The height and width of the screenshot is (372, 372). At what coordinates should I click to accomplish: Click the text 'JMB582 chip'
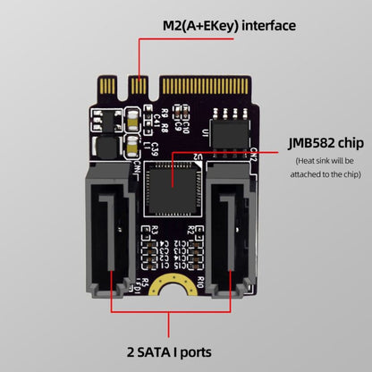tap(325, 142)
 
